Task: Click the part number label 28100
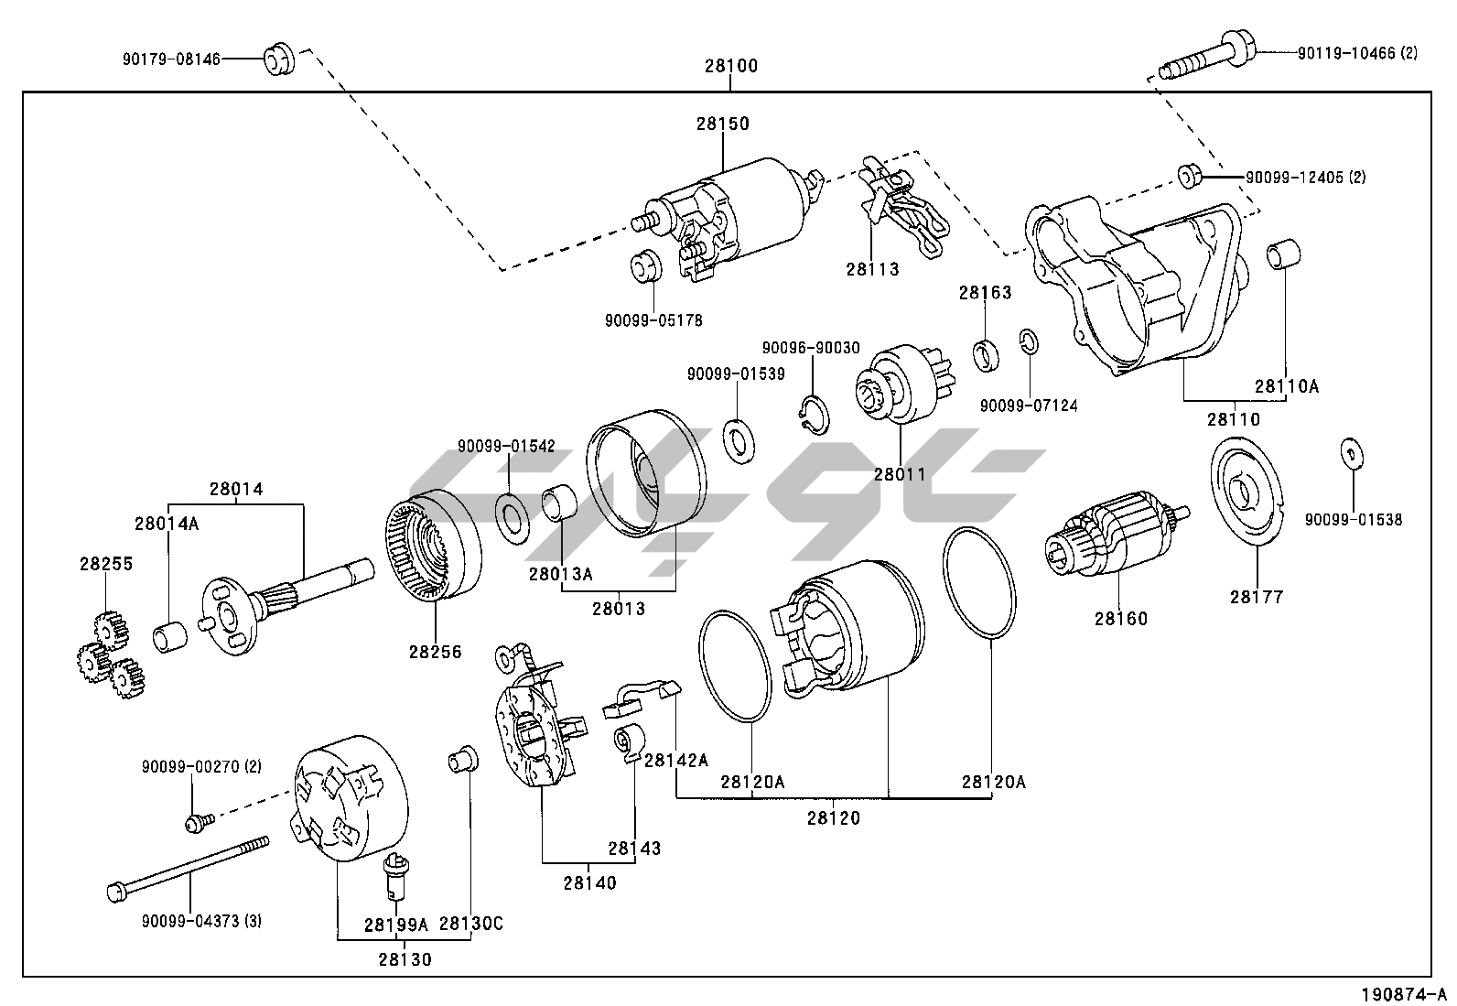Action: [x=730, y=67]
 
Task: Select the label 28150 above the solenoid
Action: [x=722, y=124]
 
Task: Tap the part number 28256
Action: [x=436, y=652]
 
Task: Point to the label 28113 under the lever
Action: [x=872, y=269]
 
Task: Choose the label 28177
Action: [x=1257, y=597]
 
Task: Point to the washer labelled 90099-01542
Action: [x=510, y=514]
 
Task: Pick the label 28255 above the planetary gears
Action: [x=105, y=564]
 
